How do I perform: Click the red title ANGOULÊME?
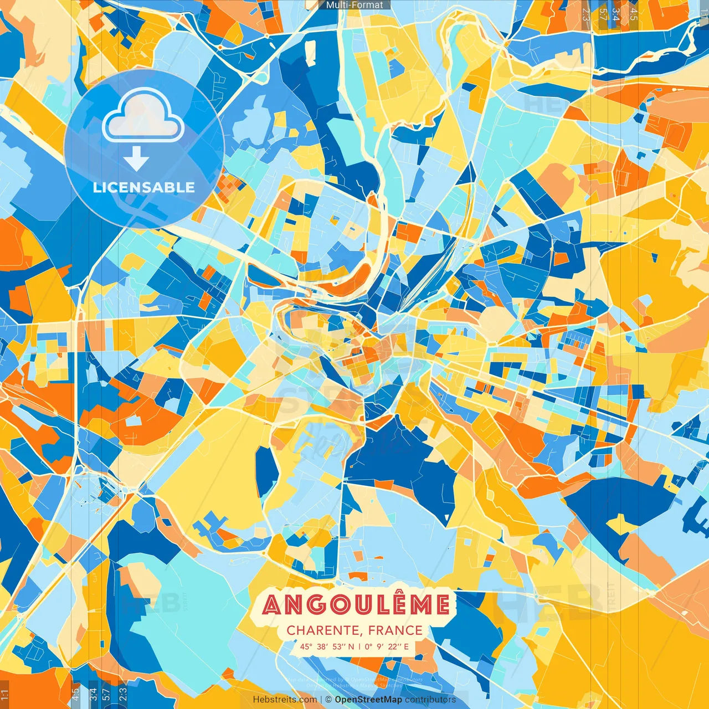(x=356, y=605)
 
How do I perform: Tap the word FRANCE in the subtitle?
(x=395, y=630)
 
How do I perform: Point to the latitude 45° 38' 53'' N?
(x=327, y=646)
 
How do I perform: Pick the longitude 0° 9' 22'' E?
(x=387, y=646)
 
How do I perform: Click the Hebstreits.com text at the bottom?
(x=285, y=700)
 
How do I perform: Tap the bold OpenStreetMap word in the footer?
(x=368, y=700)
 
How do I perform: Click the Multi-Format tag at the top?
(x=354, y=5)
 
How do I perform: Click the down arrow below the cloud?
(x=136, y=159)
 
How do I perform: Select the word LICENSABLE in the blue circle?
(x=144, y=187)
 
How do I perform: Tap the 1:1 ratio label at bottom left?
(x=4, y=695)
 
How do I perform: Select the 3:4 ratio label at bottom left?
(x=93, y=695)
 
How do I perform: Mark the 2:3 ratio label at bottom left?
(x=123, y=695)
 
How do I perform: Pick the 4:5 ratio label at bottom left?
(x=76, y=695)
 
